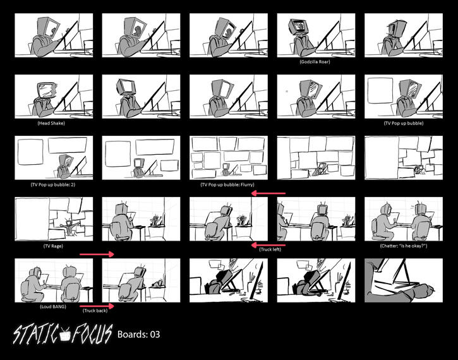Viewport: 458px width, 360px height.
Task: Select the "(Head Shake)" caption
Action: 51,123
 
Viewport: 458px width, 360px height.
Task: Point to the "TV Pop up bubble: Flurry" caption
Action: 226,185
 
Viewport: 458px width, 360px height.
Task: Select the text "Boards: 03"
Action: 139,335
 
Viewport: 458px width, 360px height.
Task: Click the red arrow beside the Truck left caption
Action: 268,244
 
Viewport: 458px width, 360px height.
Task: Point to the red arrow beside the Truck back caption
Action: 97,305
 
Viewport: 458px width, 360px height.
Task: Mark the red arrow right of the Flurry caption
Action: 268,194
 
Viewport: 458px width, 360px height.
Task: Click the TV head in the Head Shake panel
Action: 47,90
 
